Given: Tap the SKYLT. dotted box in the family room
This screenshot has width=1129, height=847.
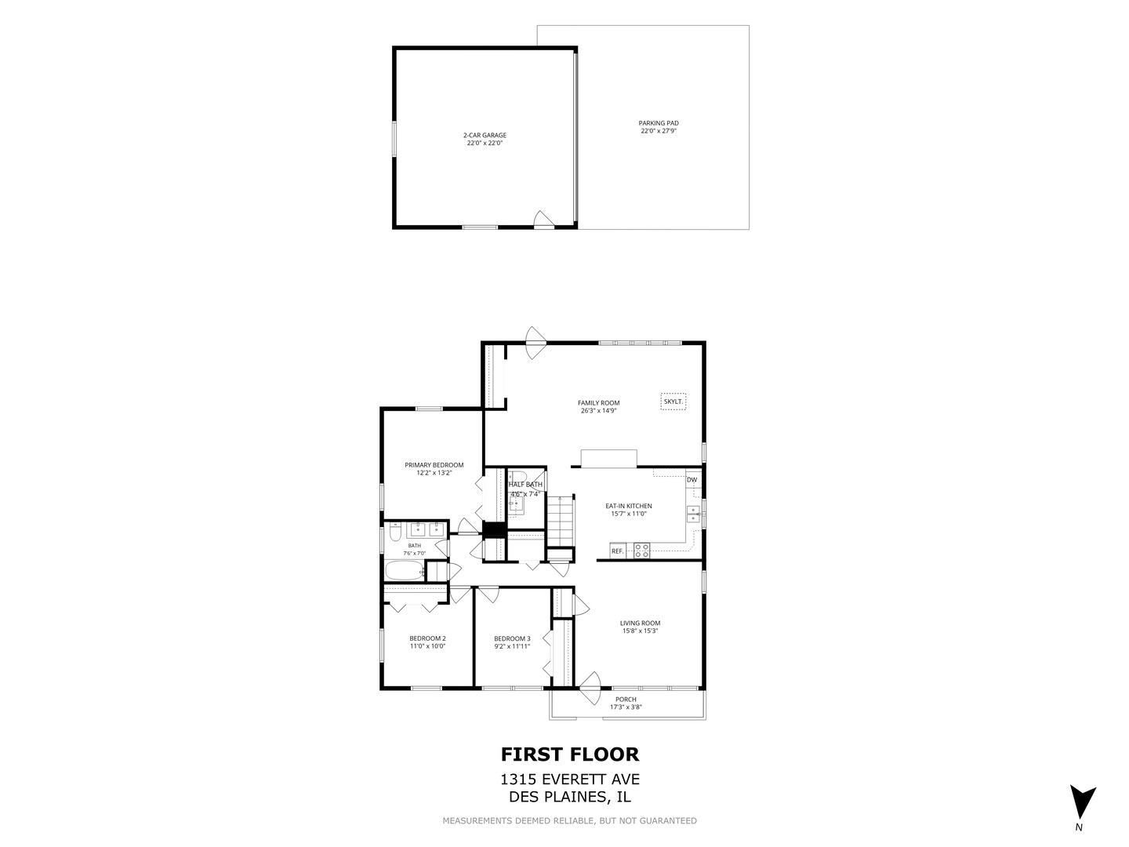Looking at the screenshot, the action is click(673, 401).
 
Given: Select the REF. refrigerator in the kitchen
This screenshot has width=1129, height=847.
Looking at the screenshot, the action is click(617, 551).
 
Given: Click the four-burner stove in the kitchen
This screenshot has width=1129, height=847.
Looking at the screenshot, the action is click(641, 551).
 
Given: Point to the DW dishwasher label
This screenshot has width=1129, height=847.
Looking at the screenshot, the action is click(692, 480).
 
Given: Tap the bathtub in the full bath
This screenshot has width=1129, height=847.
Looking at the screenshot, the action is click(405, 571).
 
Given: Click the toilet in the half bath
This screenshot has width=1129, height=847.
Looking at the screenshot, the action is click(517, 476).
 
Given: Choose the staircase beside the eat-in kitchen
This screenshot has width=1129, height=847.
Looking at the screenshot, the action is click(560, 522).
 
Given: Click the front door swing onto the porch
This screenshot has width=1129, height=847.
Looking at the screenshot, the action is click(590, 688).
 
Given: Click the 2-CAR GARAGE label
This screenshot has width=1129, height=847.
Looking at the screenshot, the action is click(485, 135).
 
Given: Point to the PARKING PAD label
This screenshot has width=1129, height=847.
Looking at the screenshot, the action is click(659, 123).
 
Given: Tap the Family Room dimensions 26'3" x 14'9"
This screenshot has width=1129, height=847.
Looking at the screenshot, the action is click(598, 411).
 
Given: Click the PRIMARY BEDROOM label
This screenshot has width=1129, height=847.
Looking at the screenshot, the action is click(434, 465).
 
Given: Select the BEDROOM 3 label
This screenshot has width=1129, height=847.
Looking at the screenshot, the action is click(512, 638).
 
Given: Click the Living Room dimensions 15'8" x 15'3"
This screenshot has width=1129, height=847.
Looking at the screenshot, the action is click(640, 631).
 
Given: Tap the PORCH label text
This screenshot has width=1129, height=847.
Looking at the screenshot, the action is click(626, 700).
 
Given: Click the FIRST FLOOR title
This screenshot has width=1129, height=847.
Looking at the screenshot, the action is click(570, 754).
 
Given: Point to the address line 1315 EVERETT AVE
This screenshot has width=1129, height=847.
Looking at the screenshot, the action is click(570, 780).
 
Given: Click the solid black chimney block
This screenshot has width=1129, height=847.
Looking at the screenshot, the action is click(494, 530).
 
